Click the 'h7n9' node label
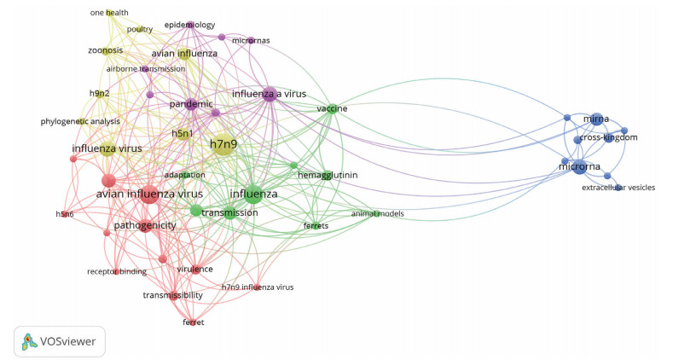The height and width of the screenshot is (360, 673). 223,145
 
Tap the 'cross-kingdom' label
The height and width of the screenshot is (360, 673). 608,137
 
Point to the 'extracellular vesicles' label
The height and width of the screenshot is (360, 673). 618,187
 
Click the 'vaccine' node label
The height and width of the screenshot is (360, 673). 332,109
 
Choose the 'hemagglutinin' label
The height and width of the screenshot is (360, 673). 328,175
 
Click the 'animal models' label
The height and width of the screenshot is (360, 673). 377,213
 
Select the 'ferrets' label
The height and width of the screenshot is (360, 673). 316,226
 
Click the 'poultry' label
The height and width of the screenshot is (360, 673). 140,29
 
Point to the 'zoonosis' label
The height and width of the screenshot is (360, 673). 107,50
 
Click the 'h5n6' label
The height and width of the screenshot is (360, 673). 65,214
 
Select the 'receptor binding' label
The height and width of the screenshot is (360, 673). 117,271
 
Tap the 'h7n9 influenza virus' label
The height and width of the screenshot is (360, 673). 257,287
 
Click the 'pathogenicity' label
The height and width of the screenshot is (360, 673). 145,225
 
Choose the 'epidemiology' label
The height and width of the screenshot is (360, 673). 189,25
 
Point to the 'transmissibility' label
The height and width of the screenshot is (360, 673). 172,295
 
